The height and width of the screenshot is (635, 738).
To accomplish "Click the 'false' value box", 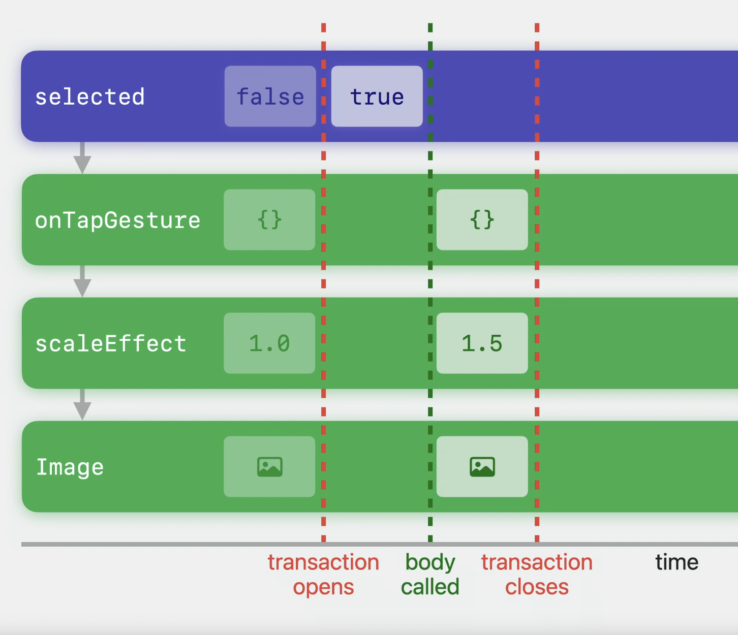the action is click(270, 97).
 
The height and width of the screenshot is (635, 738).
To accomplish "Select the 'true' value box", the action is click(377, 97).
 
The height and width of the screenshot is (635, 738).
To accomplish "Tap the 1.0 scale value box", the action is click(269, 343).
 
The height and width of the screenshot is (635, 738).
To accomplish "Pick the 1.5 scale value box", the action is click(482, 343).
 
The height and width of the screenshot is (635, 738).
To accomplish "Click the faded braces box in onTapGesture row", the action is click(269, 219).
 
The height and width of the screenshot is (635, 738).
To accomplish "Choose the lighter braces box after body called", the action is click(482, 219).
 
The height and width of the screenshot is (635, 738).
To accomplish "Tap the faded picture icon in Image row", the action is click(269, 467).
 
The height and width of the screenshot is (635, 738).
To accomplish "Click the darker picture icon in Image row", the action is click(482, 467).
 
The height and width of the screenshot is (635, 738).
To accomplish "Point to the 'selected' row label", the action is click(90, 97).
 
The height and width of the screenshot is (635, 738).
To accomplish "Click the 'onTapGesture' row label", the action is click(117, 220).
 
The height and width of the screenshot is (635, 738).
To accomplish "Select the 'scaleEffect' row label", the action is click(111, 343).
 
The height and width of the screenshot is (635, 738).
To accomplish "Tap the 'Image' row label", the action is click(70, 467).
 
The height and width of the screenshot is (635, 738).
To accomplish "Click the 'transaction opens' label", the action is click(323, 575).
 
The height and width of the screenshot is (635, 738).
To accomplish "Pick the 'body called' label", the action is click(430, 575).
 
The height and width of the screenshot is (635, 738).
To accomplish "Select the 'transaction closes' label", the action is click(537, 575).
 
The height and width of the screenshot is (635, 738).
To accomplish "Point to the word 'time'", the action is click(676, 562).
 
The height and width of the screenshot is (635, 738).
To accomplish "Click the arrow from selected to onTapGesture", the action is click(82, 158).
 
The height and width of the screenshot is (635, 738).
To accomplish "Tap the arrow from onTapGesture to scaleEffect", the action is click(82, 281).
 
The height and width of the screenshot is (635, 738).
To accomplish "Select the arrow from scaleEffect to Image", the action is click(82, 405).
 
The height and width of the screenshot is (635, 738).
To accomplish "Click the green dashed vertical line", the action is click(430, 282).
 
